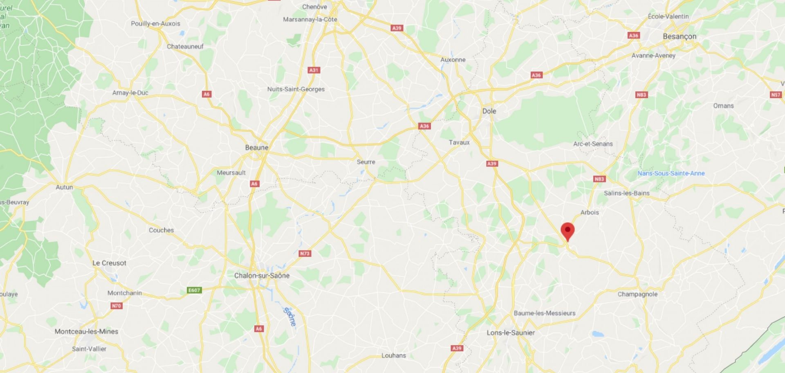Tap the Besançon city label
(679, 36)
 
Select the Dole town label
(489, 111)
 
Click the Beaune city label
(257, 148)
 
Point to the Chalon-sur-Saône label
(262, 276)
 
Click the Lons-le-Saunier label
(511, 333)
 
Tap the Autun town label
(64, 187)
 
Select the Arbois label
(590, 212)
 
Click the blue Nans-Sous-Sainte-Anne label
(671, 173)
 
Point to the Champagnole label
(637, 294)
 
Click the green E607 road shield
(194, 290)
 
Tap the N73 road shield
(305, 254)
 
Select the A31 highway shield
(314, 70)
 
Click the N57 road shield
(776, 95)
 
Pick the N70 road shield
(117, 306)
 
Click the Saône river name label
(289, 317)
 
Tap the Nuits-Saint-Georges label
(296, 89)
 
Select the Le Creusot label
(109, 263)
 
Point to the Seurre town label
(366, 162)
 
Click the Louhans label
(394, 355)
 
